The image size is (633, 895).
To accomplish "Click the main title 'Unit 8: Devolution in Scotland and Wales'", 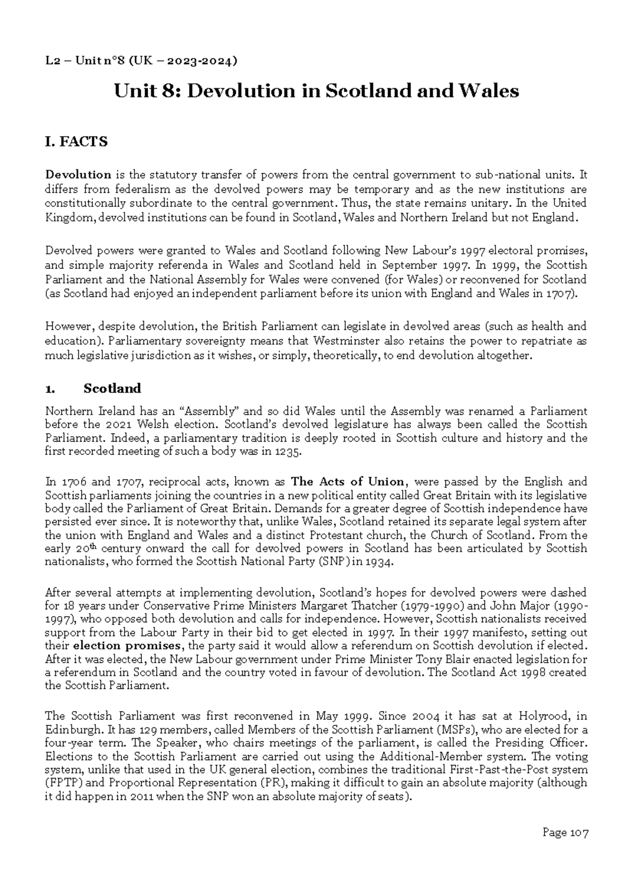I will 316,91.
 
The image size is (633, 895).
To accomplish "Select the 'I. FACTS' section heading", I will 76,142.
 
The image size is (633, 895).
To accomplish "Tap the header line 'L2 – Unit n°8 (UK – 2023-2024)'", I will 141,61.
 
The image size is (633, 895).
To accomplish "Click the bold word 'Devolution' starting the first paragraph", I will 78,175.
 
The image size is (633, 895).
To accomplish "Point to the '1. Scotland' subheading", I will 93,388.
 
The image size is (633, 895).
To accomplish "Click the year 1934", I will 378,562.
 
